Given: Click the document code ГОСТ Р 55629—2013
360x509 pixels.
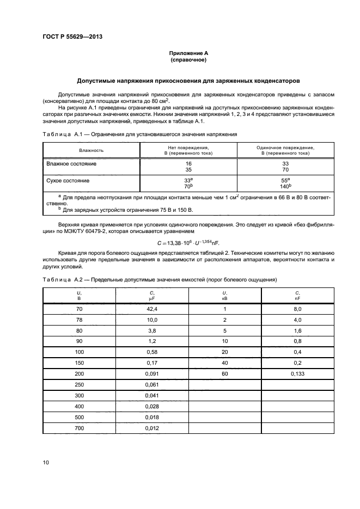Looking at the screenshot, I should coord(72,36).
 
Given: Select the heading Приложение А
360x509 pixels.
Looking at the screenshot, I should coord(188,53).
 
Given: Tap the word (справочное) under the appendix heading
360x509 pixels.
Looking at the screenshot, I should coord(188,60).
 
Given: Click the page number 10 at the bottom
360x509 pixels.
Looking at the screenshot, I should coord(46,462).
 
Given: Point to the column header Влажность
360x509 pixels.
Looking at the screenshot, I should coord(91,150).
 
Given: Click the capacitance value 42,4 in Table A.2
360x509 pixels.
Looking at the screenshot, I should coord(152,309).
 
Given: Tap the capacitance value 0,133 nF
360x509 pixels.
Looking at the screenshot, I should coord(298,374).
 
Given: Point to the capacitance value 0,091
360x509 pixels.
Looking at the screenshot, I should coord(152,374).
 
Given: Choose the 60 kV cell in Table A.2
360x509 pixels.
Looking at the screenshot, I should coord(225,374).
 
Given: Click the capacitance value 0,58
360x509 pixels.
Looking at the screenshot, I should coord(152,352).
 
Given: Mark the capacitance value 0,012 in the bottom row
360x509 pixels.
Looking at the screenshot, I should coord(152,428).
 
